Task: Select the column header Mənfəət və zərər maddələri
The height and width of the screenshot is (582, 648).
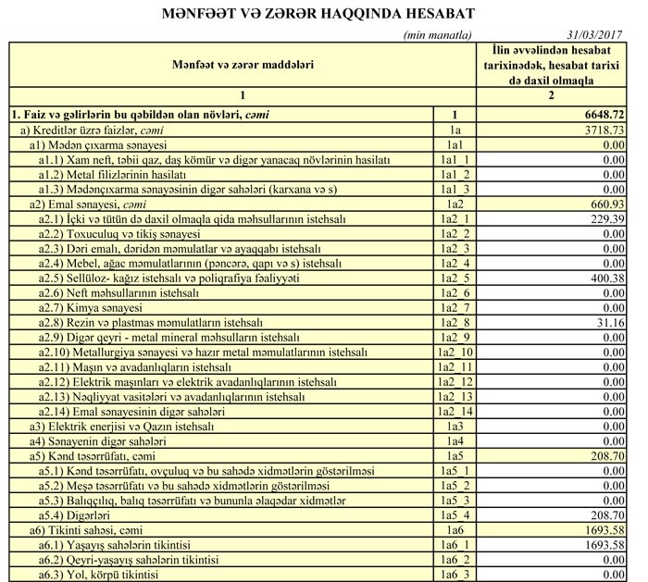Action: [242, 65]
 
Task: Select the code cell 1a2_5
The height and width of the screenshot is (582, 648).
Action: [455, 277]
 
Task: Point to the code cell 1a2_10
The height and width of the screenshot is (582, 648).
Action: [455, 352]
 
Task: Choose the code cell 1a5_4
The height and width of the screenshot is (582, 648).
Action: [455, 515]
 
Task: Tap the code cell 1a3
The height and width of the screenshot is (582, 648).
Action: [455, 427]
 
